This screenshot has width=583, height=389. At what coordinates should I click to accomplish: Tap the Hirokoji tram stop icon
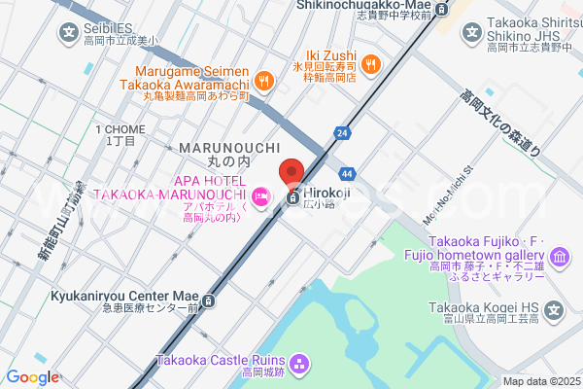[293, 198]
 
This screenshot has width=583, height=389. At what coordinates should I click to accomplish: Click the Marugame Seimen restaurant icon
[263, 79]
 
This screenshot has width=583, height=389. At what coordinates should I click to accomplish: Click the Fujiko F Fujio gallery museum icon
[560, 258]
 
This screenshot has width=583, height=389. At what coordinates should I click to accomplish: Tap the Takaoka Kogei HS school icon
[554, 311]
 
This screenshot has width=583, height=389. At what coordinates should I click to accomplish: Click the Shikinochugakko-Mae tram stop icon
[442, 10]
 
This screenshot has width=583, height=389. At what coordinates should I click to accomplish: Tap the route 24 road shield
[342, 132]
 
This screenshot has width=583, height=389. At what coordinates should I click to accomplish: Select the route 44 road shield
[348, 173]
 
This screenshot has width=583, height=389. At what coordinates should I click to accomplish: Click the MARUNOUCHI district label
[216, 147]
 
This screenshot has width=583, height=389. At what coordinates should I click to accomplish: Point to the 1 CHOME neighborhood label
[120, 129]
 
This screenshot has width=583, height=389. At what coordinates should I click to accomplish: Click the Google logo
[32, 377]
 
